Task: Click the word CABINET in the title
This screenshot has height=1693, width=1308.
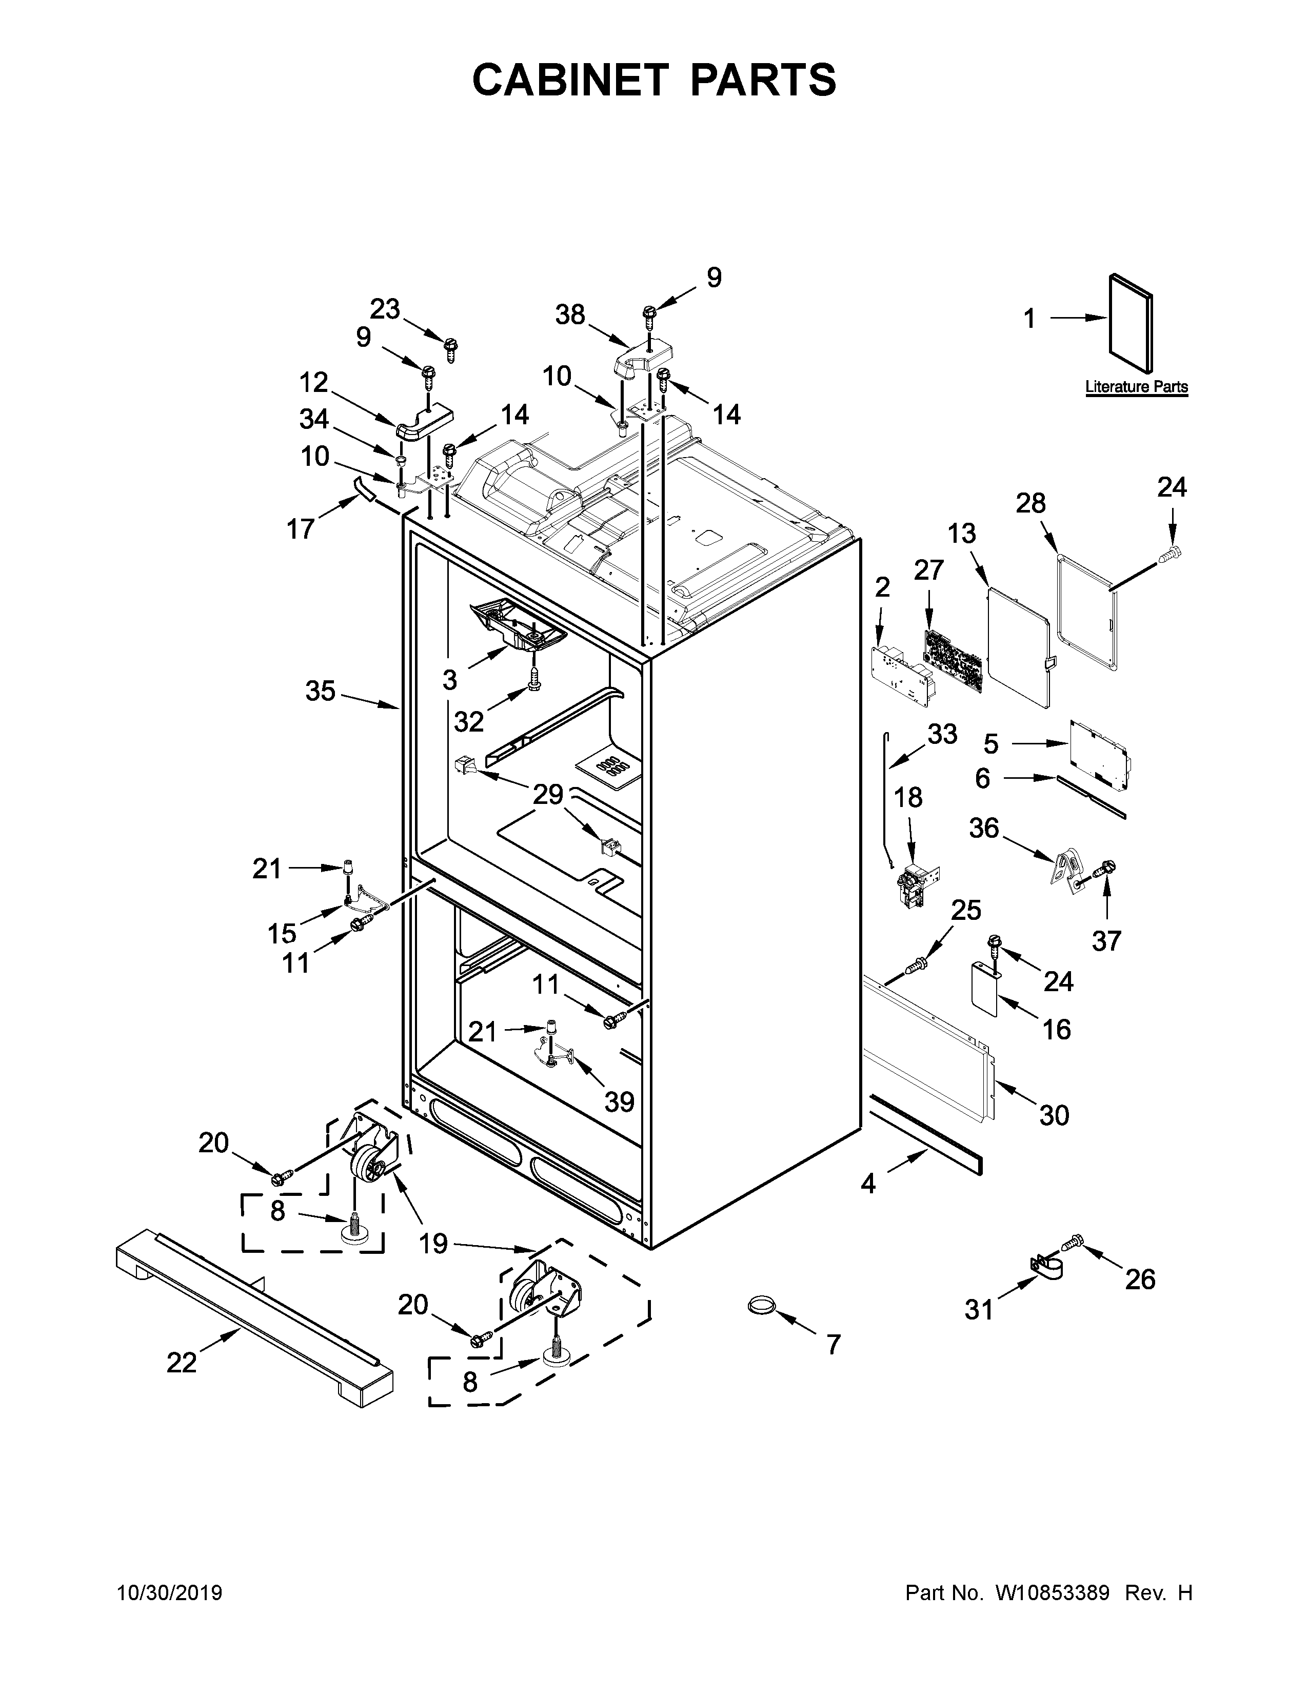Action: (x=570, y=80)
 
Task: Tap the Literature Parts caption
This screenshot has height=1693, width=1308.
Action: (x=1136, y=387)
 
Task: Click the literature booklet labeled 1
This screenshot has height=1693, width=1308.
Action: (x=1131, y=323)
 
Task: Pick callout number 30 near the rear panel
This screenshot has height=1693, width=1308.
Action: (x=1054, y=1115)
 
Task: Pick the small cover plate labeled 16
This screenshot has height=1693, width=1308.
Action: (x=984, y=989)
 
